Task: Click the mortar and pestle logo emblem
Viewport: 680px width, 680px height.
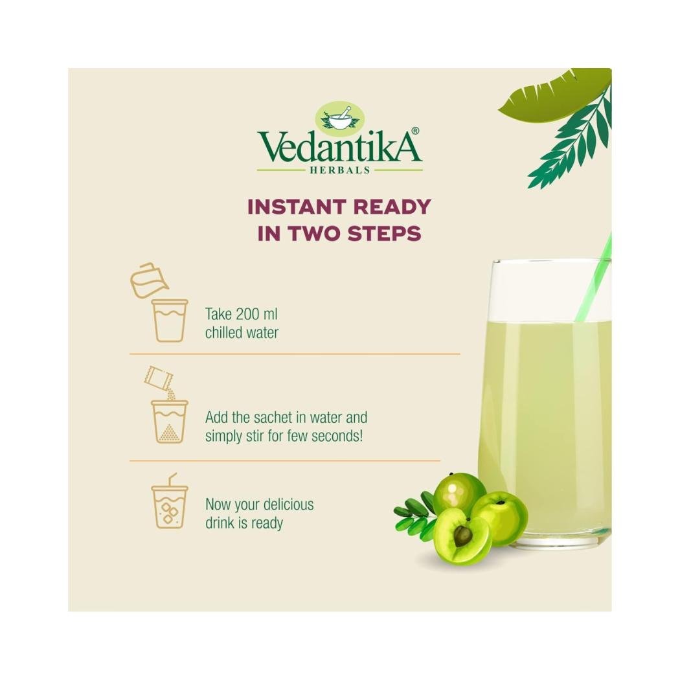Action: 339,117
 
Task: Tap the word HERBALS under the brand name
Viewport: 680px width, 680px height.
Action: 339,170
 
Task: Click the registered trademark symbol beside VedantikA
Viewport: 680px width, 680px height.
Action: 415,131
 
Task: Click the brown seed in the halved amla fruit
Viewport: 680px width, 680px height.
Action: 463,536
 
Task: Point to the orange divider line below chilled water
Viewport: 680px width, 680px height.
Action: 295,354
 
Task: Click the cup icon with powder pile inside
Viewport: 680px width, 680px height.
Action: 170,421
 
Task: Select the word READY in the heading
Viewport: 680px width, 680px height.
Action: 392,207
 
